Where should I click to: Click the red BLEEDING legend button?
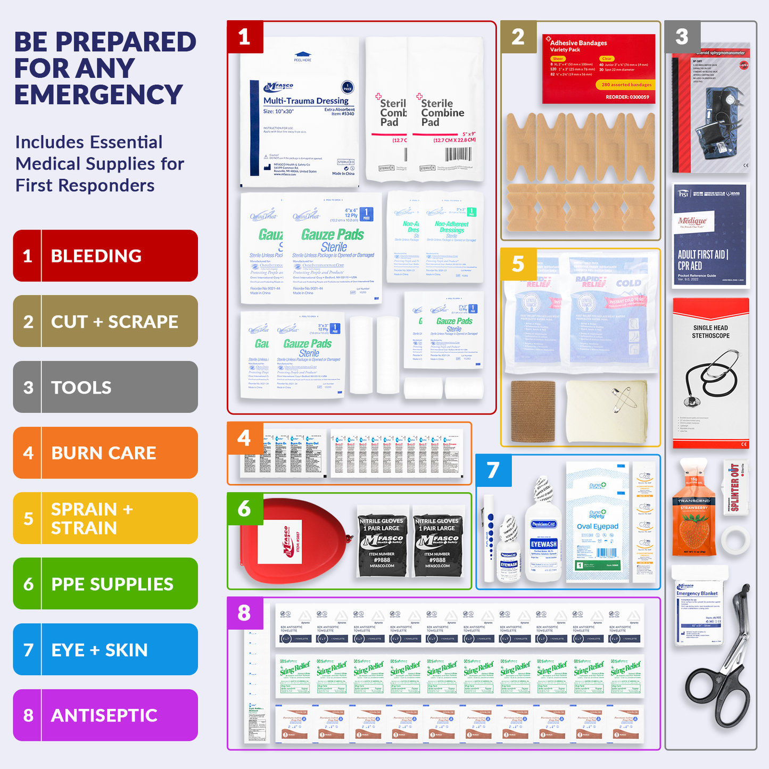[105, 256]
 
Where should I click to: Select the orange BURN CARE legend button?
[105, 453]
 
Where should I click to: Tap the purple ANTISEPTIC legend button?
[105, 715]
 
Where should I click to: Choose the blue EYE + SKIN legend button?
[105, 650]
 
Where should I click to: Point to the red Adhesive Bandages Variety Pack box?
[598, 69]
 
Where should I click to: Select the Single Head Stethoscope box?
[710, 373]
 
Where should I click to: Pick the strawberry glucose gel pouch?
[694, 511]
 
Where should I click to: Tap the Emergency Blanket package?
[698, 607]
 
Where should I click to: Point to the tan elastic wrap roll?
[533, 411]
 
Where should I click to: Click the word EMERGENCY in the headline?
[98, 95]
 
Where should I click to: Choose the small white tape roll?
[735, 540]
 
